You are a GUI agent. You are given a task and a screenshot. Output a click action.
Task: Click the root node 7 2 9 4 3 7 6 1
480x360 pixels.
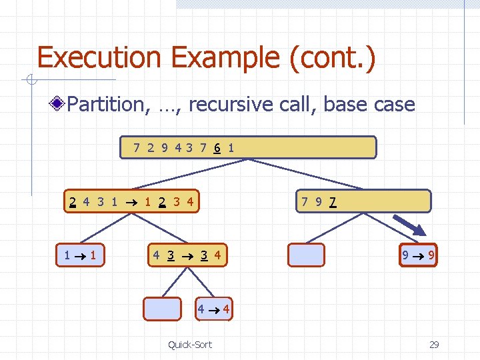pos(248,147)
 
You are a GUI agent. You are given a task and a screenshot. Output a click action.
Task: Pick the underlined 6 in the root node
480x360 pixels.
pos(217,147)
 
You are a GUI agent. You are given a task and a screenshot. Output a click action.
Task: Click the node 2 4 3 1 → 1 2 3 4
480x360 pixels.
pos(132,201)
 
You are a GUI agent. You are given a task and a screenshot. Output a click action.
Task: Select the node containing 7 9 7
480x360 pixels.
pos(363,201)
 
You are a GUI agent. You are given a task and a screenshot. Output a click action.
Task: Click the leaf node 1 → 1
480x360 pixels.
pos(79,255)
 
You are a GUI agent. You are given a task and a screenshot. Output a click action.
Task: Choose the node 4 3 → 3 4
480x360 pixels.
pos(186,255)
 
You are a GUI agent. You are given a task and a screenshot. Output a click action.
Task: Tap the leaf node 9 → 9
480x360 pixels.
pos(418,255)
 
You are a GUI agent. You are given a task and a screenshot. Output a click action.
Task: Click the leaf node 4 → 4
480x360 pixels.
pos(214,309)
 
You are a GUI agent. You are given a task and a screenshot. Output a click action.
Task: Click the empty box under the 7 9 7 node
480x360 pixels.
pos(305,255)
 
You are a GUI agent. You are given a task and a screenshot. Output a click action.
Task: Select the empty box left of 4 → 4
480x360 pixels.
pos(163,309)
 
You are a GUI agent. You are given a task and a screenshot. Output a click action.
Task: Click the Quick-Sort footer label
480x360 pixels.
pos(190,344)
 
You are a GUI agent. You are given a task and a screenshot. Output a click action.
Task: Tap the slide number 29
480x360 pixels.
pos(434,344)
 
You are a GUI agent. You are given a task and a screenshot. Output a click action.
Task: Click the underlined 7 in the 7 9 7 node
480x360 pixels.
pos(332,201)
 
